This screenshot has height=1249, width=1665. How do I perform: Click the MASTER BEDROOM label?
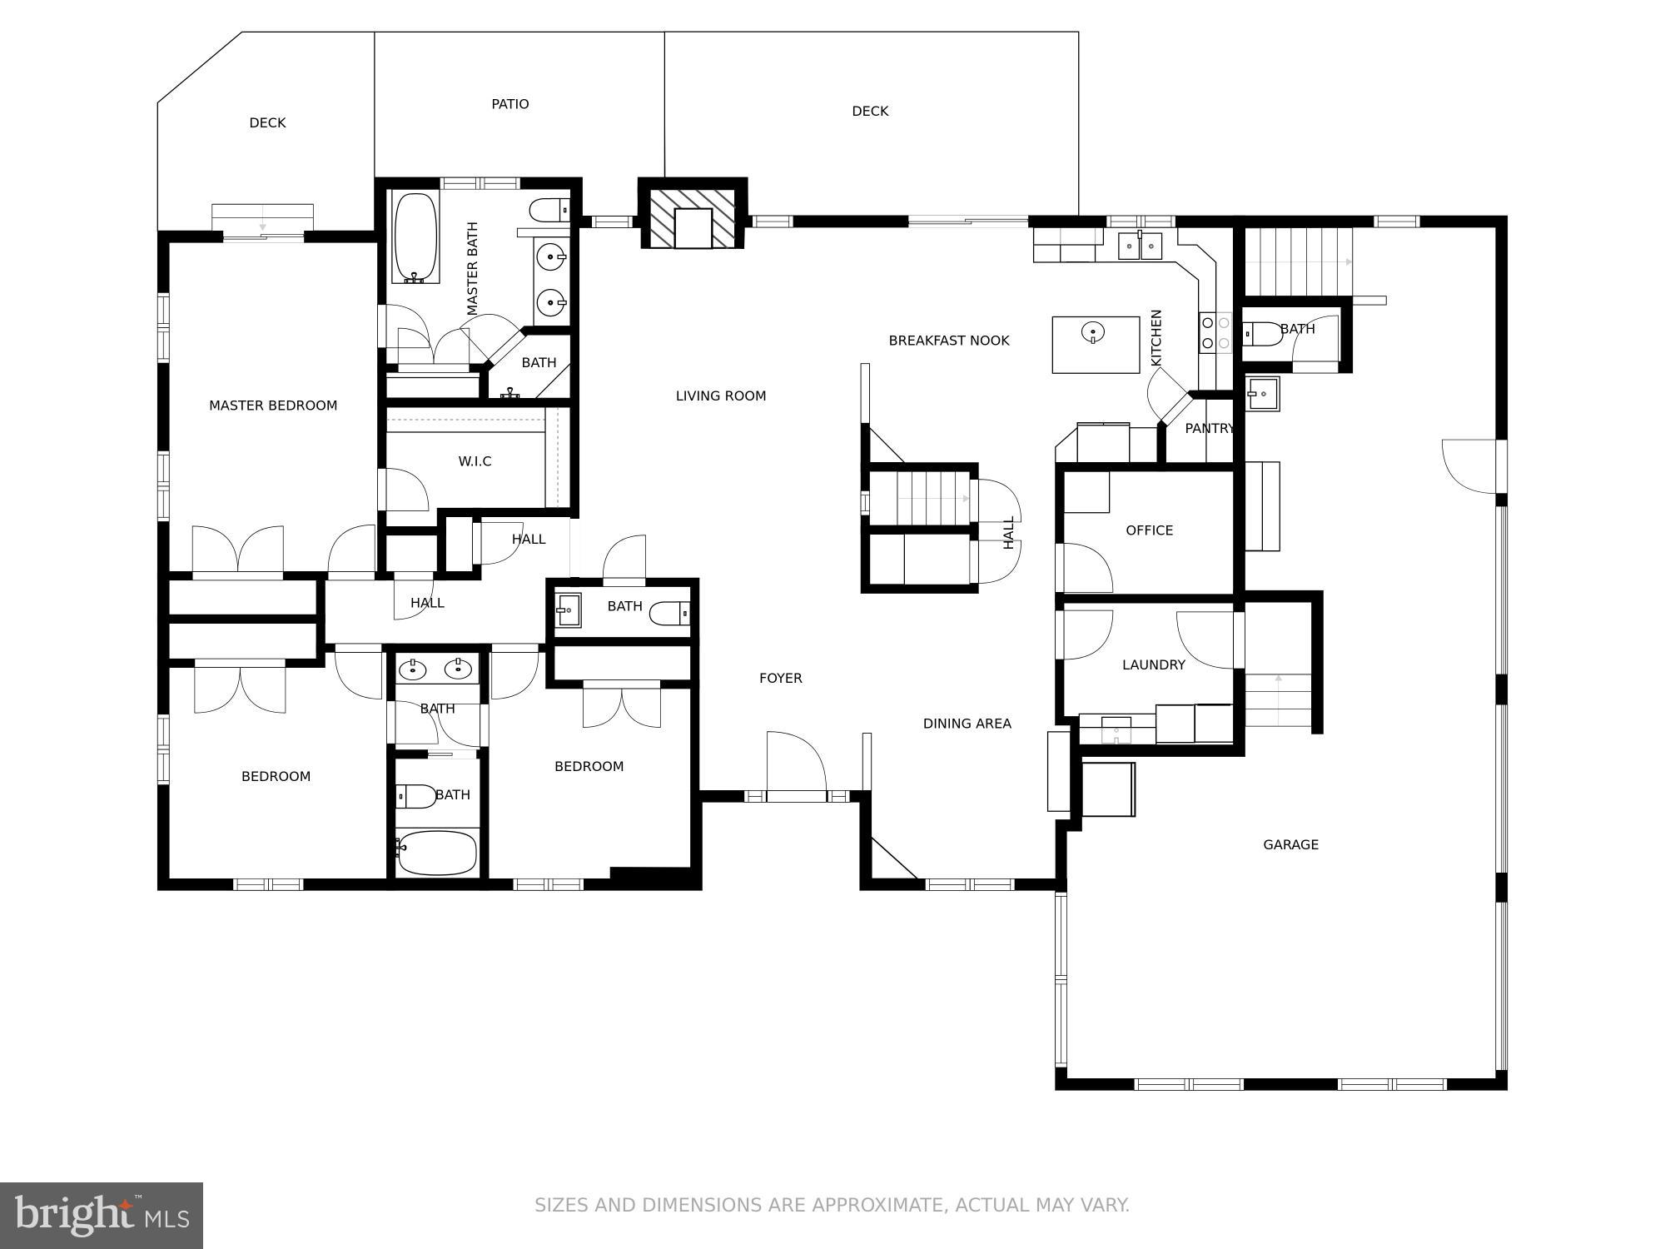273,406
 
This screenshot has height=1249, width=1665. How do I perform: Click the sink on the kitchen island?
1093,333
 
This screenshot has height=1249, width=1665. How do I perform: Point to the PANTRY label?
1209,429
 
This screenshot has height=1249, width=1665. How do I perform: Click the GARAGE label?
1290,844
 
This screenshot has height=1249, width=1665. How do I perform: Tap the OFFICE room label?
1149,530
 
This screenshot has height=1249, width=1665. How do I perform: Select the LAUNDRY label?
1153,664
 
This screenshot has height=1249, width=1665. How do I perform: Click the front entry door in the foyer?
796,766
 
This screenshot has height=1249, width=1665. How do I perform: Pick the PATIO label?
509,104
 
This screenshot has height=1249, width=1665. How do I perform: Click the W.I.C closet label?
475,461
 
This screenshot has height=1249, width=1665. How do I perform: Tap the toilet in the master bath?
549,210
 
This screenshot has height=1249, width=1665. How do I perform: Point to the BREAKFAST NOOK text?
948,341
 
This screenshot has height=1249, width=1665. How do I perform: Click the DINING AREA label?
967,724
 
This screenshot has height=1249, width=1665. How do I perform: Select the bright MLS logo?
102,1216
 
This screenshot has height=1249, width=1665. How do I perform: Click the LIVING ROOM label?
720,396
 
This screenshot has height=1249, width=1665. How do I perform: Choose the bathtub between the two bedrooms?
437,853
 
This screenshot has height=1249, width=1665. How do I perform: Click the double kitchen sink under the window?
1140,246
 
